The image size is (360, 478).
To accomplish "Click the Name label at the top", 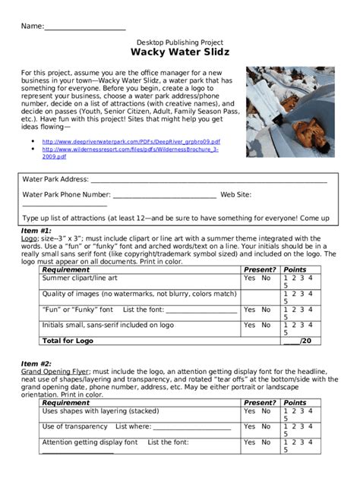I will click(33, 26).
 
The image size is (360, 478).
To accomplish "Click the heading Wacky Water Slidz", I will click(180, 53).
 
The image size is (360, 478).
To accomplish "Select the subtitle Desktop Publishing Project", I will click(180, 42).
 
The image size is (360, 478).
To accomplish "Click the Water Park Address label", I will click(55, 180).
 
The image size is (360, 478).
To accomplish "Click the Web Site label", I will click(235, 195).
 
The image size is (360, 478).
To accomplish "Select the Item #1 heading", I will click(36, 230).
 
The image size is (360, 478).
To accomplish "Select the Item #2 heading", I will click(36, 363).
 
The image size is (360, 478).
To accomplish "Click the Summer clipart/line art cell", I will click(80, 278).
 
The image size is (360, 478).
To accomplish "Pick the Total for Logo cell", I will click(68, 341).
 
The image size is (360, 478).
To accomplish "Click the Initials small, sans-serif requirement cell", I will click(107, 325).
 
